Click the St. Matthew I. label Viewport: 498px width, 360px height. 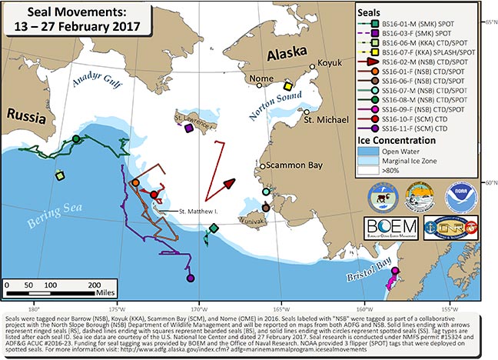[198, 210]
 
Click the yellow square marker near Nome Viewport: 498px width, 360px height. [288, 85]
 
